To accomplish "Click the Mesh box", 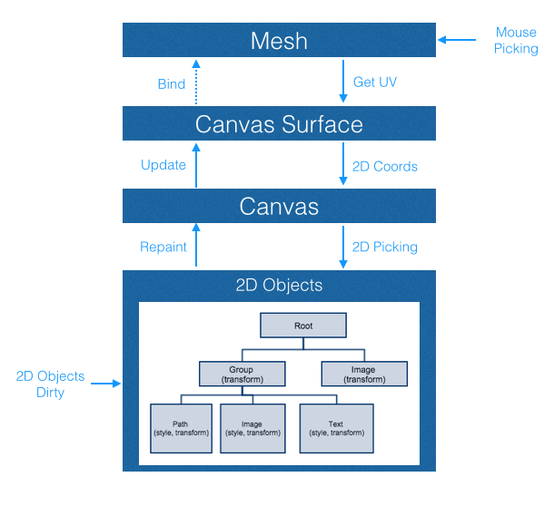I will coord(280,40).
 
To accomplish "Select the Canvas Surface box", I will coord(280,123).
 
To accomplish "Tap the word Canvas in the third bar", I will coord(280,207).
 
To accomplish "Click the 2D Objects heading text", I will coord(280,286).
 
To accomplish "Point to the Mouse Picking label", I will coord(516,41).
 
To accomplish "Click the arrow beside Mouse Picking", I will coord(457,40).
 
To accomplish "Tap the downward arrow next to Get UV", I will coord(342,82).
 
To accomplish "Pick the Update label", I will coord(163,165).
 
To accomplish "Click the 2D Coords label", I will coord(386,166).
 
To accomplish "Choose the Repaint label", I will coord(163,246).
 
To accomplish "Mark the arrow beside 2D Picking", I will coord(342,247).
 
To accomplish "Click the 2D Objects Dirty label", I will coord(50,384).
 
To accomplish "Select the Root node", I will coord(303,326).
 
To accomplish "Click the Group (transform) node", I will coord(242,374).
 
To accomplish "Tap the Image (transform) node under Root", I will coord(363,374).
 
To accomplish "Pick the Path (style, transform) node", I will coord(181,427).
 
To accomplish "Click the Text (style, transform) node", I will coord(335,427).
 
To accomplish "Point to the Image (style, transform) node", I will coord(253,427).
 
